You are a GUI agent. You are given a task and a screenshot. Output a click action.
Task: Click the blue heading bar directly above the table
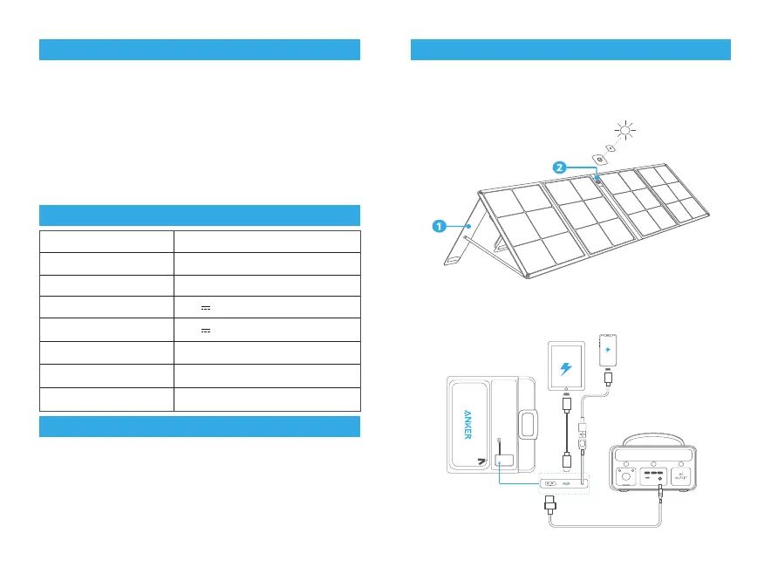[200, 215]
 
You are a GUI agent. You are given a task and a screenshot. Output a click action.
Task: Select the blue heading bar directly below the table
[200, 427]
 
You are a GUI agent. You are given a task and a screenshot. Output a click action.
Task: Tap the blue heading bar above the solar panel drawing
[570, 50]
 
